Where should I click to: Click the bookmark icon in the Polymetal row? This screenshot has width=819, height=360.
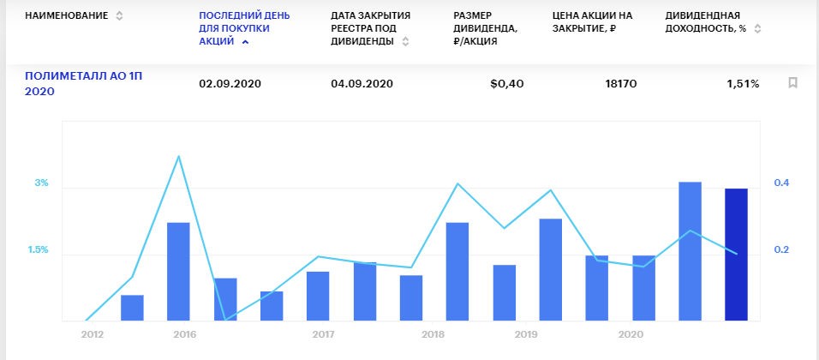pos(792,83)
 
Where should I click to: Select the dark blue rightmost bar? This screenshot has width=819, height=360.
pos(736,255)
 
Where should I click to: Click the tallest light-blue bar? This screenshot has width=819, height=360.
pos(690,251)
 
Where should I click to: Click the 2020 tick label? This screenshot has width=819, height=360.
pos(631,334)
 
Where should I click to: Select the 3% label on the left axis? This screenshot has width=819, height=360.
pos(41,183)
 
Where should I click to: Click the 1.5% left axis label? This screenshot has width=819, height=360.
pos(37,250)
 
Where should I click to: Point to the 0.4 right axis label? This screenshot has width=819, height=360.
pos(781,183)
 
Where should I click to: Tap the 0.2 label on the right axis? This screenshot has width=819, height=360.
pos(781,250)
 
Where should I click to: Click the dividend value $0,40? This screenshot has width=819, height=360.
pos(506,84)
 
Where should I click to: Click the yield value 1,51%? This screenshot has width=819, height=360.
pos(743,84)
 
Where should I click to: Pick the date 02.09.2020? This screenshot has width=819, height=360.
pos(229,84)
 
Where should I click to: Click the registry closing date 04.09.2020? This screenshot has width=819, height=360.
pos(361,84)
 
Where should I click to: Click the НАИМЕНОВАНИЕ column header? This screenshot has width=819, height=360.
pos(66,16)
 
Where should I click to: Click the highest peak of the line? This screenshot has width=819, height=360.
pos(178,156)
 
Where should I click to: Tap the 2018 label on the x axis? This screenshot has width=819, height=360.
pos(433,334)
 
